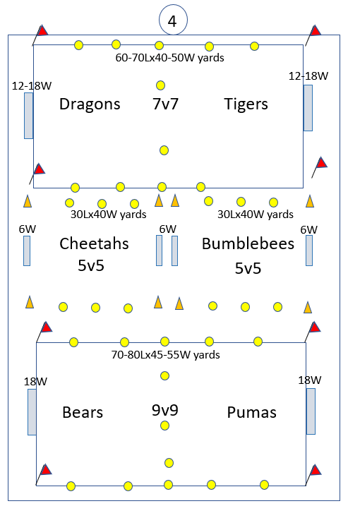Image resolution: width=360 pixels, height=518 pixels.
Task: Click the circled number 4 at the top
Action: pos(173,20)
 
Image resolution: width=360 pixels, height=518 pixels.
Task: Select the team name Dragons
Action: pos(90,104)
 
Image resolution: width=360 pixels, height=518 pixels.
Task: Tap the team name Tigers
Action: pos(246,104)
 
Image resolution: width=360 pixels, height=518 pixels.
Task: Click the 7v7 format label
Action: pos(165,104)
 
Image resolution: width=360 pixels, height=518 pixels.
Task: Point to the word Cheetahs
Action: pos(94,243)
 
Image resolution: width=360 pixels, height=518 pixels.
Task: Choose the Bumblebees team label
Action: pos(248,243)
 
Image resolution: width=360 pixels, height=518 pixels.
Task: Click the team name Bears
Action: pos(83,412)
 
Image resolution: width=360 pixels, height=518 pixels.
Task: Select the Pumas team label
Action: pos(251,412)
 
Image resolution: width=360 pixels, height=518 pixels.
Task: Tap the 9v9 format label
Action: pos(165,410)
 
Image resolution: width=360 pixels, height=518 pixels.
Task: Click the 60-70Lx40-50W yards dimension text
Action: pos(169,58)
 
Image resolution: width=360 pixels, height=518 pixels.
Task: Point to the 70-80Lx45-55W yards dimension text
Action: pos(166,355)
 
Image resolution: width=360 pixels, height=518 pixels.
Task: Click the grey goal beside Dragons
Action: pos(28,116)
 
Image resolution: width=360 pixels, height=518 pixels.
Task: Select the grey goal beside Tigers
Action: pos(308,108)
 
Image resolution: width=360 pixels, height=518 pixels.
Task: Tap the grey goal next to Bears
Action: pos(32,412)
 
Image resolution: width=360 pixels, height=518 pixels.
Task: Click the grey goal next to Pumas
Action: pos(311,411)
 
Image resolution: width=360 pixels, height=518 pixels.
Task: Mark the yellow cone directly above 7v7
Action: pos(160,85)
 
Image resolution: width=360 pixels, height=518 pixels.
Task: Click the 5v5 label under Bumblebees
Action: pos(248,268)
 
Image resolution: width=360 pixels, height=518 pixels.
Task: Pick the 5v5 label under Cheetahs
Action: pos(91,265)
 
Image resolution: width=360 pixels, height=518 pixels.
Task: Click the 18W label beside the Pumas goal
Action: pos(309,380)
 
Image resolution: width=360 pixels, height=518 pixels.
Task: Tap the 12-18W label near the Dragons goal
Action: pos(32,86)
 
